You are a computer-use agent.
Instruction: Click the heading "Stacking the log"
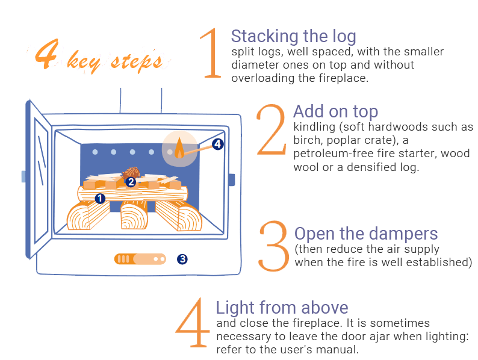coord(293,37)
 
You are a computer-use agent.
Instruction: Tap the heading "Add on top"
coord(336,111)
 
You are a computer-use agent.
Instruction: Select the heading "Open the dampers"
coord(366,234)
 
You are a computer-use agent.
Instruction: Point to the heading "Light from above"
coord(282,307)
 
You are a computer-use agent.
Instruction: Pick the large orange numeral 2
coord(271,129)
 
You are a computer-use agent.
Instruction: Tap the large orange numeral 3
coord(273,246)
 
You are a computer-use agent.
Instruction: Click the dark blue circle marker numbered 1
coord(100,199)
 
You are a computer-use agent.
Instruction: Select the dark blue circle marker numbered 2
coord(131,182)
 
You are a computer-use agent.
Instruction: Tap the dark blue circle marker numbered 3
coord(182,259)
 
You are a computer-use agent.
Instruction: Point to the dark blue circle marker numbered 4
coord(217,144)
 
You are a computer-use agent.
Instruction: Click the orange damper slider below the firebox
coord(140,259)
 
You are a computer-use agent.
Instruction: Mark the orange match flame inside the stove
coord(179,148)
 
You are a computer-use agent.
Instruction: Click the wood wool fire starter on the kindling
coord(131,173)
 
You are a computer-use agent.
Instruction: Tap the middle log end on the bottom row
coord(134,216)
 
